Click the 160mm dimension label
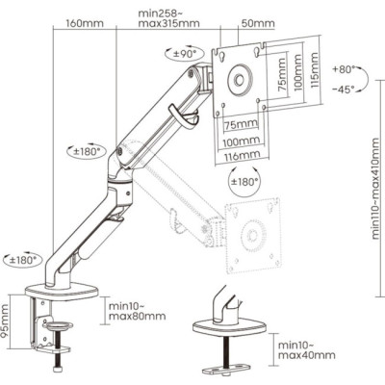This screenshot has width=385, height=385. (85, 23)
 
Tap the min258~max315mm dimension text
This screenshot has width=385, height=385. (168, 18)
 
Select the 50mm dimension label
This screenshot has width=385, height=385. (258, 23)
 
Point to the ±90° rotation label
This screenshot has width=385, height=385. (185, 54)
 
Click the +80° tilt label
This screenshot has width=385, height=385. (344, 69)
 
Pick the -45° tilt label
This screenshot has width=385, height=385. (344, 90)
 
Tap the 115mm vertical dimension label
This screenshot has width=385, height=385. (315, 70)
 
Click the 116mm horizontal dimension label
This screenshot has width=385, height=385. (242, 156)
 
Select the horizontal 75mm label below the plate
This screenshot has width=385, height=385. (241, 124)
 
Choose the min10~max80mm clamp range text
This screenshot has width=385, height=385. (138, 311)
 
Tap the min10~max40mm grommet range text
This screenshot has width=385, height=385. (306, 350)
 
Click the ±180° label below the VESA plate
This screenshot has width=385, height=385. (245, 182)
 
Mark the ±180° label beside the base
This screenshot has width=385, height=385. (23, 259)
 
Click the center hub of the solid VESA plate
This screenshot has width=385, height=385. (239, 80)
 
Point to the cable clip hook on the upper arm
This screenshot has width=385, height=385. (184, 116)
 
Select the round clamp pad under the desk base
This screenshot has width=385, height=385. (60, 326)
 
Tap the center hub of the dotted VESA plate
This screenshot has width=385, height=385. (252, 236)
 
